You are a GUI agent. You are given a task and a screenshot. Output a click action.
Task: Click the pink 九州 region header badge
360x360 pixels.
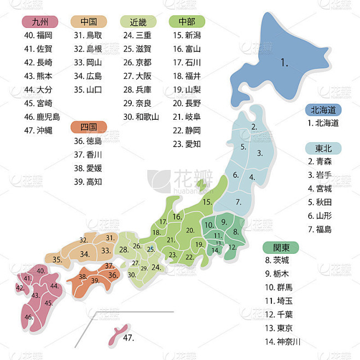[40, 22]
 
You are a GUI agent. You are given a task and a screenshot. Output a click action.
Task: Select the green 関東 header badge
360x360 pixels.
[281, 247]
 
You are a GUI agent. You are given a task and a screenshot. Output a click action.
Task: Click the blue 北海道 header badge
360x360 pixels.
[323, 109]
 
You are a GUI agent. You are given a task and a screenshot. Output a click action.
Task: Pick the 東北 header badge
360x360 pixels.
[323, 148]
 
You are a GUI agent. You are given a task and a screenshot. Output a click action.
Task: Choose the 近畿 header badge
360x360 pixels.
[138, 22]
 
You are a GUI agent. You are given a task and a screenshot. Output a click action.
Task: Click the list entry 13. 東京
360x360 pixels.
[278, 328]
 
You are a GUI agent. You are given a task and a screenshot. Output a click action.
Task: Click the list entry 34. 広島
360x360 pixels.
[88, 76]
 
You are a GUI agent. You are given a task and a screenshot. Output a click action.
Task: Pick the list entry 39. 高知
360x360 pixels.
[88, 182]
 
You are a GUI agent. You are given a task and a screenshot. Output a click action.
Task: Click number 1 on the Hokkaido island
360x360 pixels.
[284, 63]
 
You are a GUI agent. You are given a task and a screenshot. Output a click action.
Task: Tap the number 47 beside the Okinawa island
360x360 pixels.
[128, 338]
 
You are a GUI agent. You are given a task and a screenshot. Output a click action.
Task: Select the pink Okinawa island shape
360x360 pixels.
[115, 334]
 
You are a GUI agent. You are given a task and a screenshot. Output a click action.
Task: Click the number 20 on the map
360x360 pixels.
[190, 230]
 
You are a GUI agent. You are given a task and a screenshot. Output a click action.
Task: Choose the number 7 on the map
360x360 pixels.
[239, 202]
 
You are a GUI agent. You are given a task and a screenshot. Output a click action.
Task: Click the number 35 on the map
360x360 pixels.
[57, 259]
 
